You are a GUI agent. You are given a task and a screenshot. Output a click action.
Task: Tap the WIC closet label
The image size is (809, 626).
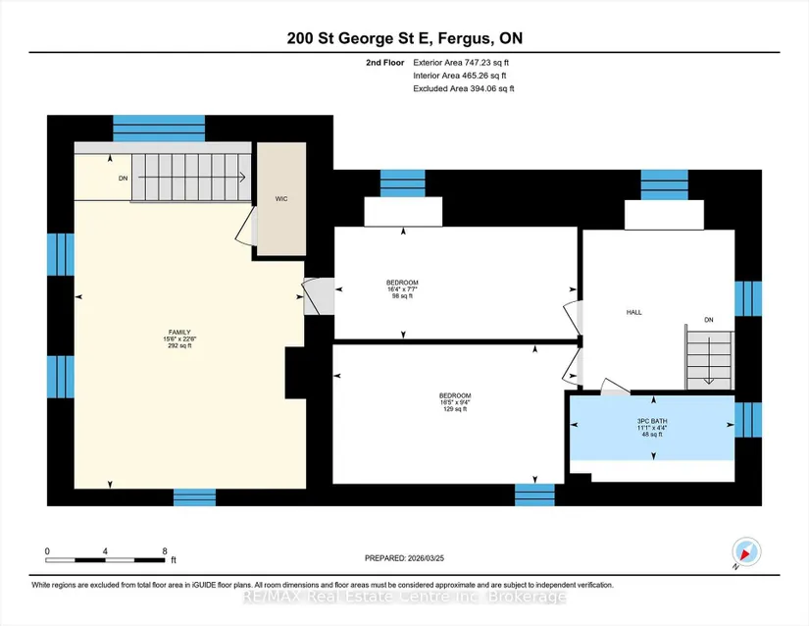281,198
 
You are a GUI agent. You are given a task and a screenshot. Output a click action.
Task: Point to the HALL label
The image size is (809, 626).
634,312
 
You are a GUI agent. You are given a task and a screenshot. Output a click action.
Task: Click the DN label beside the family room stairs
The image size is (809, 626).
123,179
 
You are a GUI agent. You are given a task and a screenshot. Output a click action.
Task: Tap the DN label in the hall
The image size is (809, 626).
709,320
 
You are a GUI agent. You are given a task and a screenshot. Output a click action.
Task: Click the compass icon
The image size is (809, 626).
746,552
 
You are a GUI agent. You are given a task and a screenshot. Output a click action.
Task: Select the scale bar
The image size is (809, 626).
105,560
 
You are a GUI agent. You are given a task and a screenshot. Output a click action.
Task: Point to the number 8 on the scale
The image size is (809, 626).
165,551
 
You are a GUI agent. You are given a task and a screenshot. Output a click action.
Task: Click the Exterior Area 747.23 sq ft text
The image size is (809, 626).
461,63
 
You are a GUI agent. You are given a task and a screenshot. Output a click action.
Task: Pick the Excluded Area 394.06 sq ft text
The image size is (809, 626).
463,88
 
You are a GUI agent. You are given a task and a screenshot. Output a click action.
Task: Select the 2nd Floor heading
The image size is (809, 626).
385,63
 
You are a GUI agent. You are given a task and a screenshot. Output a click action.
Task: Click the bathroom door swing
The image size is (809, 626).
616,387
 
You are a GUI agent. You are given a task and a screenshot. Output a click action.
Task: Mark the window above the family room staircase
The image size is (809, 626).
159,129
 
